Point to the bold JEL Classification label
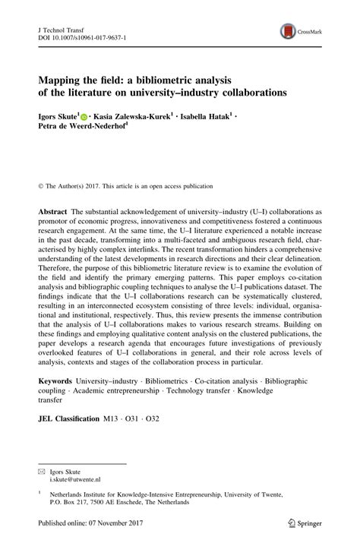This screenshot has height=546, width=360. [68, 418]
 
